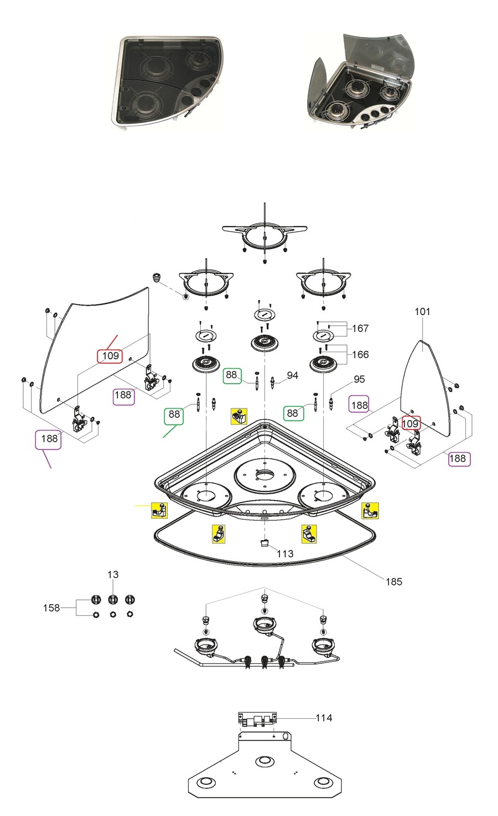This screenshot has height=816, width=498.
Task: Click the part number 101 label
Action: point(422,312)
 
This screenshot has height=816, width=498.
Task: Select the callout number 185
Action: point(393,582)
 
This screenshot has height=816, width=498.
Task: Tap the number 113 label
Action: point(285,553)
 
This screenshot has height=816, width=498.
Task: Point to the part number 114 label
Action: point(324,718)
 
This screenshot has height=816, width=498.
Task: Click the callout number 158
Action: point(51,608)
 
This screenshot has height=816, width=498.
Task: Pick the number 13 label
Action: point(113,575)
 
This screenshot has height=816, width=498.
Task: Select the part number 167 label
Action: point(360,328)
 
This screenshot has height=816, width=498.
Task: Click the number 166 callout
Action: point(360,354)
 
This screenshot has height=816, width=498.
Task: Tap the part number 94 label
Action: point(292,376)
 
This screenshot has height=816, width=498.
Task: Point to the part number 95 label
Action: point(359,379)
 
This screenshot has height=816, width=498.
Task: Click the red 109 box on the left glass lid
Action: point(110,356)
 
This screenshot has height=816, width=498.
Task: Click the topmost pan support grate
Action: point(264,235)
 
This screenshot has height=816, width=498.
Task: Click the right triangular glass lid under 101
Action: point(423,387)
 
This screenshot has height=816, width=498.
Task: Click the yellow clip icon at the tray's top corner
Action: point(238,416)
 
